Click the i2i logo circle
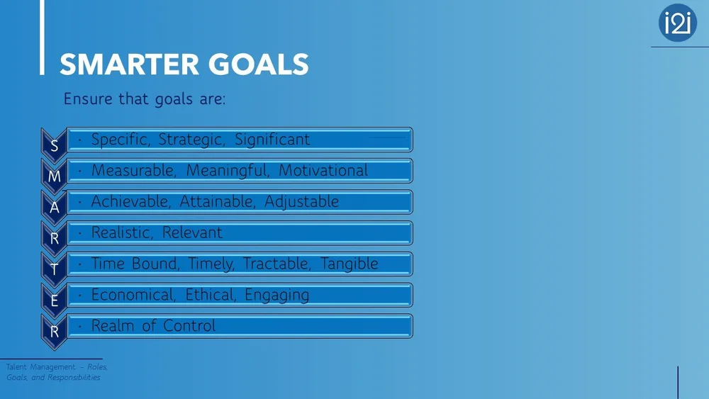pos(678,23)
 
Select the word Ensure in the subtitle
pos(89,99)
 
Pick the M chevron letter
pos(55,177)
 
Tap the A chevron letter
pos(55,208)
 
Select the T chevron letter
pos(55,269)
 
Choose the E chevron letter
pos(55,300)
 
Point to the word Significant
pos(272,140)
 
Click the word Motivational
pos(323,171)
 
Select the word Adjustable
pos(301,202)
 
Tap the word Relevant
pos(192,232)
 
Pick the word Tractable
pos(277,264)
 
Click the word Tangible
pos(350,264)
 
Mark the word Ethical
pos(211,295)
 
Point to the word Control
pos(189,326)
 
